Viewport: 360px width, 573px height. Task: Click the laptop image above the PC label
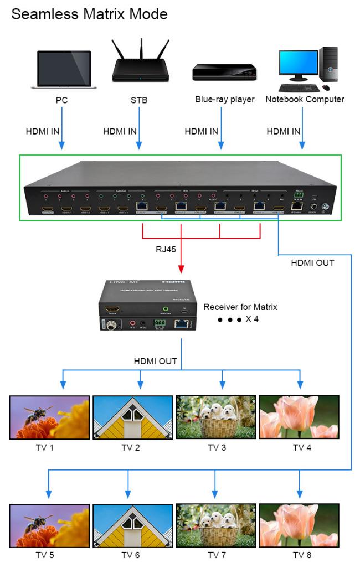point(63,69)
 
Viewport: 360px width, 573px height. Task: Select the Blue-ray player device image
point(224,73)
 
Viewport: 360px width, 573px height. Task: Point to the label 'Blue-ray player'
point(224,100)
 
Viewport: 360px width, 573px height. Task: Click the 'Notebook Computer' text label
point(305,100)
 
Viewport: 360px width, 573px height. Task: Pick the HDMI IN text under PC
point(43,132)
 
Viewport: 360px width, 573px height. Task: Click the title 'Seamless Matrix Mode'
point(89,14)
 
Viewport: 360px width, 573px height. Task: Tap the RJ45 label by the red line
point(166,249)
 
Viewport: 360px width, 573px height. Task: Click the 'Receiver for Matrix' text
point(240,307)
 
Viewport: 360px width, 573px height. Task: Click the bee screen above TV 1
point(49,417)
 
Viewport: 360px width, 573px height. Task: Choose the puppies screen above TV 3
point(216,417)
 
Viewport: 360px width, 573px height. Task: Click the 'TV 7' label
point(217,555)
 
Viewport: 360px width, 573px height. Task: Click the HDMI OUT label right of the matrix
point(312,263)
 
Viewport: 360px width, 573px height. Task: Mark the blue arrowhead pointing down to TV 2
point(141,384)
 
